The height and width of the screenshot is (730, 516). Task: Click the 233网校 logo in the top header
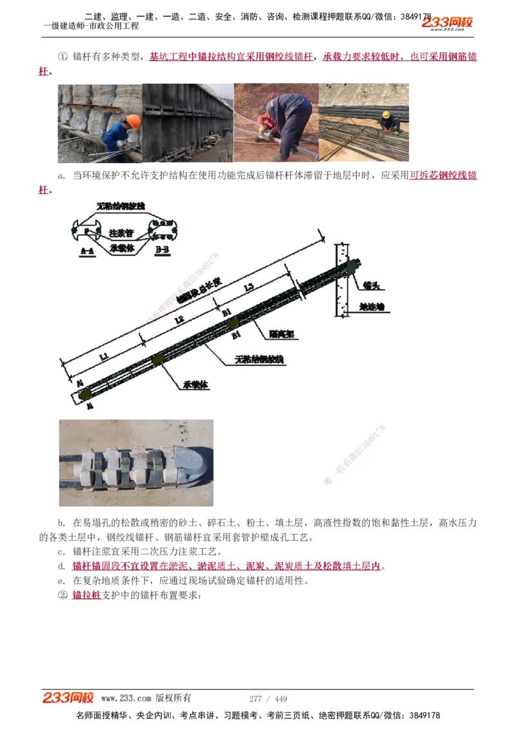tap(448, 23)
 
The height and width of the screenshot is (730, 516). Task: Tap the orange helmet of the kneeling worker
tap(134, 121)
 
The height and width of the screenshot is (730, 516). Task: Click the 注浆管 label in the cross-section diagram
tap(121, 232)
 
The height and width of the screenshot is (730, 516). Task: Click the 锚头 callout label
tap(370, 284)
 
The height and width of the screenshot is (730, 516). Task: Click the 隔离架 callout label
tap(278, 335)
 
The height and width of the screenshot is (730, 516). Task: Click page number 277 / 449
tap(268, 698)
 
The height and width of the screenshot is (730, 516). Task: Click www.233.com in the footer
tap(126, 698)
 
